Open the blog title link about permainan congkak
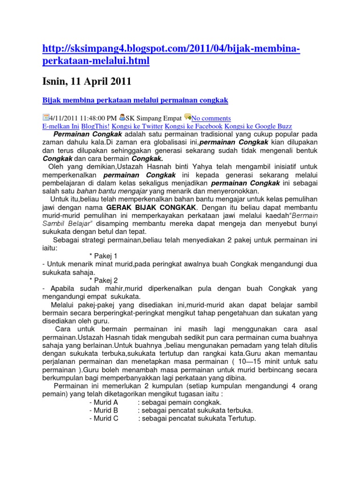click(135, 101)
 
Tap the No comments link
click(211, 118)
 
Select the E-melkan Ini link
click(61, 126)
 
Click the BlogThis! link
click(96, 126)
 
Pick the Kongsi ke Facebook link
click(194, 126)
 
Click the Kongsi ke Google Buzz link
click(258, 126)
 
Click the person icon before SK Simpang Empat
click(122, 117)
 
